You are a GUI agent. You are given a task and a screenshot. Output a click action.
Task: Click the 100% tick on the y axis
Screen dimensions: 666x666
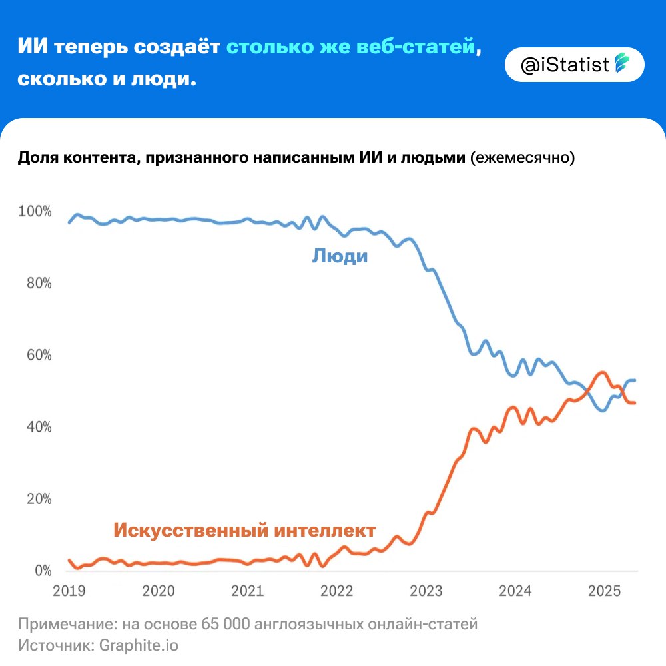click(x=35, y=212)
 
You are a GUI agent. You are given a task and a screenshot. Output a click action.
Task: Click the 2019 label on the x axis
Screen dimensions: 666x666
click(x=69, y=591)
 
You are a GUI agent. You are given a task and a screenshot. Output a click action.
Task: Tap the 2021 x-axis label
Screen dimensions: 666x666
click(x=247, y=591)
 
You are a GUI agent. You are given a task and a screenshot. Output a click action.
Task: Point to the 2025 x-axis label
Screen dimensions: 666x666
click(x=603, y=591)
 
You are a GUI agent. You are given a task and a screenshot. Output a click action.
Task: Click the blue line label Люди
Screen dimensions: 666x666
click(x=340, y=256)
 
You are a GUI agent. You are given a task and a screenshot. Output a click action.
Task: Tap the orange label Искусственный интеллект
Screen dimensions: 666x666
click(x=244, y=531)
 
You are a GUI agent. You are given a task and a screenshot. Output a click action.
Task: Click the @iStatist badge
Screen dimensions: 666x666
click(x=574, y=65)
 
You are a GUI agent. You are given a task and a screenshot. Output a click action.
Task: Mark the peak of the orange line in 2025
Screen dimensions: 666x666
click(x=601, y=372)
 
